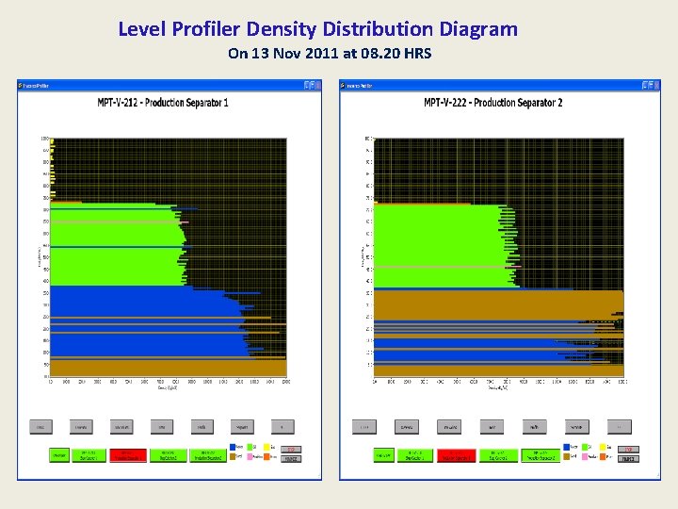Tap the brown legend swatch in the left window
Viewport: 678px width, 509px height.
coord(233,457)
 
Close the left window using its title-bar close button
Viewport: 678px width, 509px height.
coord(317,85)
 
